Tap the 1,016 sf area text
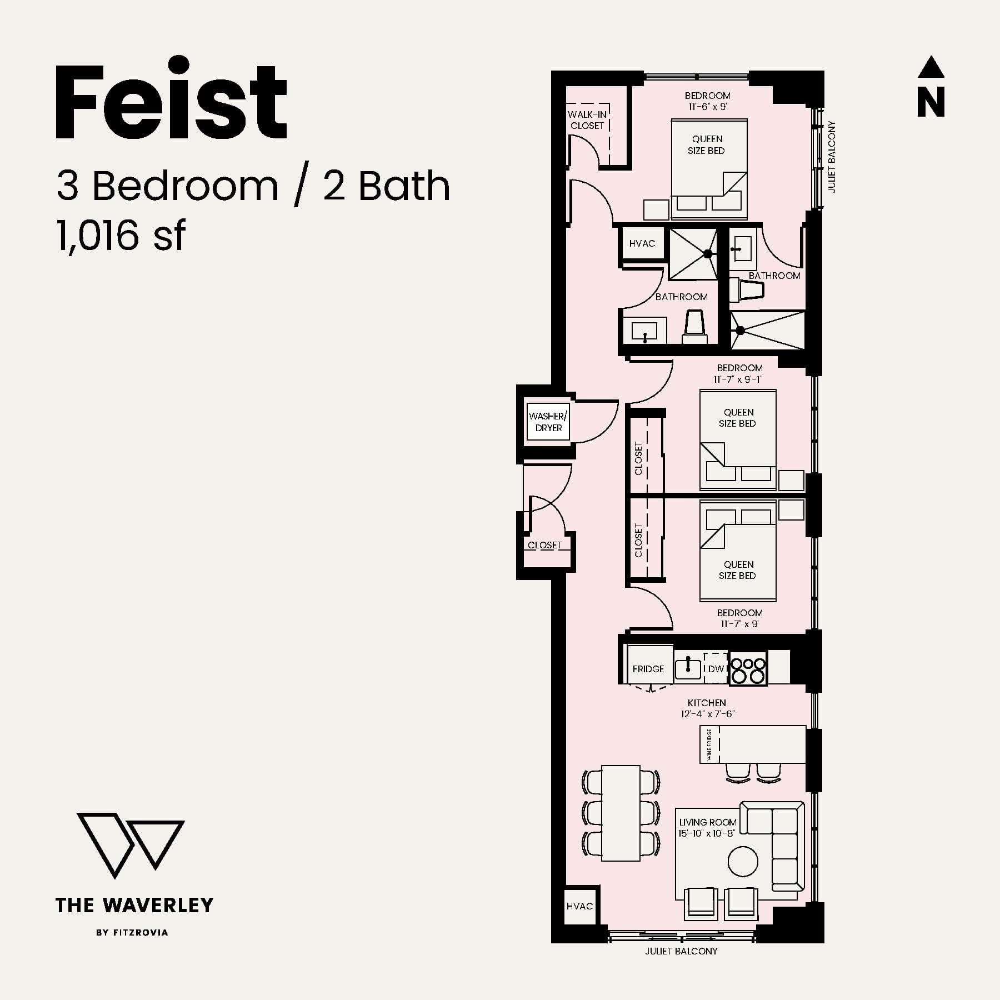121,236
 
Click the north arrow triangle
931,67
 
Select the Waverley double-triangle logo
131,844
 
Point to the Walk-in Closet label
587,120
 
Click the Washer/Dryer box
548,422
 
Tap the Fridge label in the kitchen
648,669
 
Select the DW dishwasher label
716,669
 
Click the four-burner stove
748,669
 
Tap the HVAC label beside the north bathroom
642,243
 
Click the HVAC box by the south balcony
579,906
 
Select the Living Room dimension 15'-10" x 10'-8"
707,833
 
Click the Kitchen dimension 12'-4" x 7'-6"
708,714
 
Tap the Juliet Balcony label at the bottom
681,951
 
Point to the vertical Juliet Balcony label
832,157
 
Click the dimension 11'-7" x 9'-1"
738,379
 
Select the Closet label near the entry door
545,545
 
